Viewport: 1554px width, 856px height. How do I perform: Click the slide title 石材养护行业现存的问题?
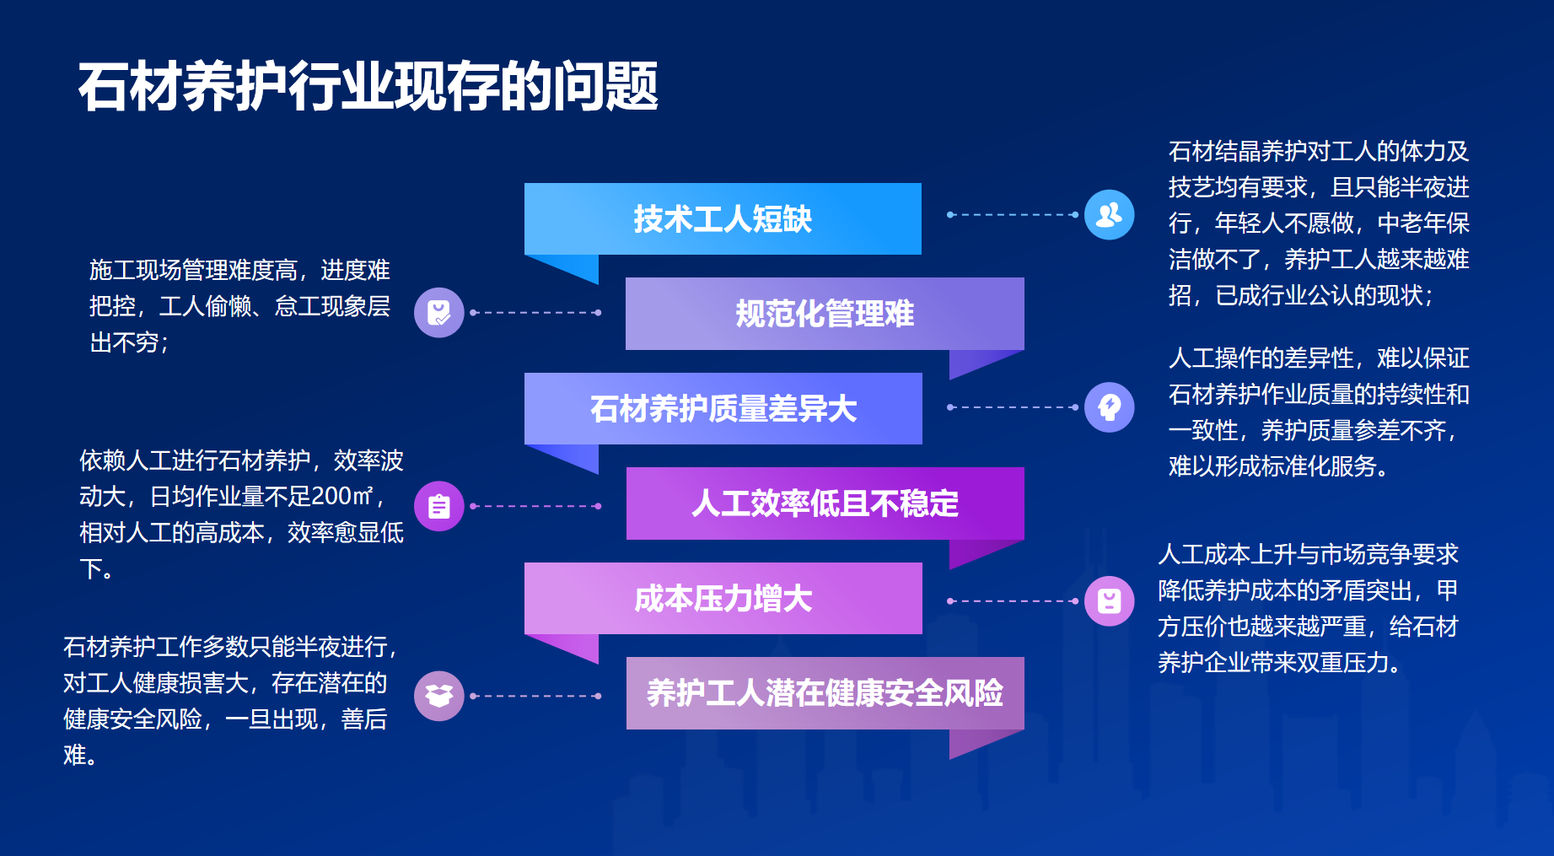tap(368, 86)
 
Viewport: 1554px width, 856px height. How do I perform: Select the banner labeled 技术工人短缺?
tap(723, 219)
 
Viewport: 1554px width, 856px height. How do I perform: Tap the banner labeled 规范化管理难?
tap(825, 314)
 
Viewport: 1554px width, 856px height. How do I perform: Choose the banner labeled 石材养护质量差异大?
tap(723, 409)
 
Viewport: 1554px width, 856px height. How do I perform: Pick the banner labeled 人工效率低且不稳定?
tap(825, 503)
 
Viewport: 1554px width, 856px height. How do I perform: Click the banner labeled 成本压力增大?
tap(723, 599)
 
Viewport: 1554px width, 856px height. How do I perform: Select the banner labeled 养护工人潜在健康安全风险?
tap(825, 693)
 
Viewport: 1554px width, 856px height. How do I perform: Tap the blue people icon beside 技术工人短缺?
tap(1109, 214)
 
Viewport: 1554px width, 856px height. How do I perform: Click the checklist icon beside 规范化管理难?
tap(438, 313)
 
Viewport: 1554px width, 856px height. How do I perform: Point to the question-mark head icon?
tap(1109, 407)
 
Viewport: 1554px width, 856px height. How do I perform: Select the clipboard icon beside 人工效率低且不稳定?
tap(438, 506)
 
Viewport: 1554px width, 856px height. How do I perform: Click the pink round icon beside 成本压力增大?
tap(1109, 601)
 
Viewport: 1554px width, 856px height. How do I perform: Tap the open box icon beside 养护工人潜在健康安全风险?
tap(438, 696)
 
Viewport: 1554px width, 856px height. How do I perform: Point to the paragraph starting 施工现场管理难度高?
tap(239, 306)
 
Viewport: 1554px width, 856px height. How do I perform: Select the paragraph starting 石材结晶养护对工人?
tap(1318, 223)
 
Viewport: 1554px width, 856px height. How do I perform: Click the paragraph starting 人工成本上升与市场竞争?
tap(1308, 608)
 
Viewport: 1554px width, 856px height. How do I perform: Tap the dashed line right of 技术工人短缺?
tap(1012, 215)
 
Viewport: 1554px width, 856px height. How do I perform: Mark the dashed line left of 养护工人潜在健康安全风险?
tap(535, 697)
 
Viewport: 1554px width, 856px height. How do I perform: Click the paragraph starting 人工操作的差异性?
tap(1318, 412)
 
